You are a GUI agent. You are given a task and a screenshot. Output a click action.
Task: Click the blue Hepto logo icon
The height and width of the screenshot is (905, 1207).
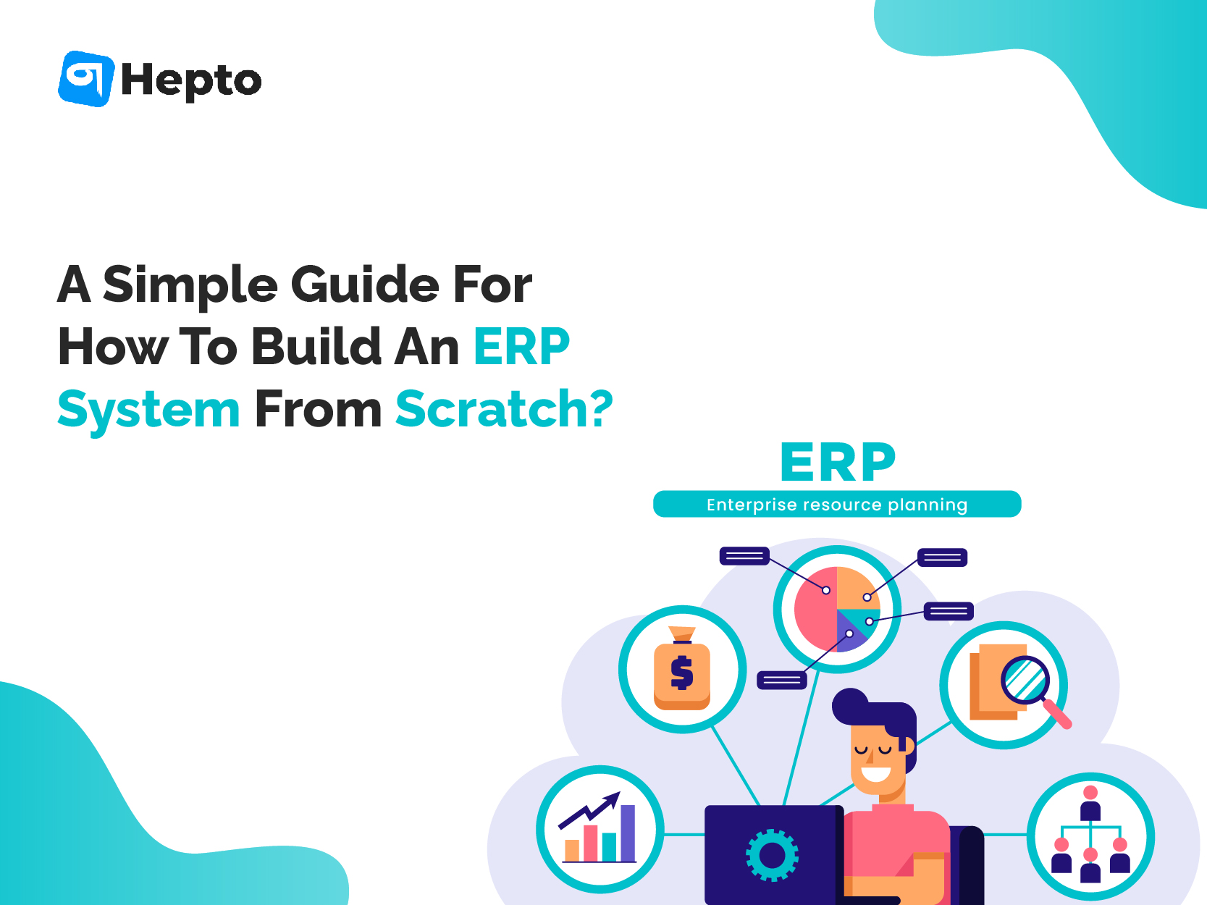[x=86, y=79]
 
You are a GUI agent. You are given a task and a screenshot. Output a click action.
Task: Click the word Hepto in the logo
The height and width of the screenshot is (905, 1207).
[x=191, y=81]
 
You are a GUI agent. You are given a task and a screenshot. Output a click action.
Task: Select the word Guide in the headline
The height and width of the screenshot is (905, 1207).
[x=365, y=285]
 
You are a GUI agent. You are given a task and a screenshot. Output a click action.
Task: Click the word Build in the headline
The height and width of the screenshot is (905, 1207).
[x=316, y=346]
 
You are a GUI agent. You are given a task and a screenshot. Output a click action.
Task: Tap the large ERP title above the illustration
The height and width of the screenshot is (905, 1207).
[x=838, y=462]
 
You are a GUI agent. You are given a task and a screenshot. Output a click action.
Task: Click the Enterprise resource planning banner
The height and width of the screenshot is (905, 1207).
[x=837, y=504]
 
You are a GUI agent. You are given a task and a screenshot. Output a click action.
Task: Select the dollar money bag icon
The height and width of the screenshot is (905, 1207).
[x=682, y=668]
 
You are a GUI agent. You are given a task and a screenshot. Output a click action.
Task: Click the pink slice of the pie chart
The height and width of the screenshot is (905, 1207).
[x=815, y=609]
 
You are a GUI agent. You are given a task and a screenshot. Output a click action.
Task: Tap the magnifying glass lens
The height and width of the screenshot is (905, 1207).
[x=1025, y=681]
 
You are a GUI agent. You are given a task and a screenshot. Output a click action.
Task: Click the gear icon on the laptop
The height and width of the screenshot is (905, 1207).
[x=772, y=855]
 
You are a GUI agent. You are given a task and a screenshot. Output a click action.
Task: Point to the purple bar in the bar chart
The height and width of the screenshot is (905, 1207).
[x=628, y=833]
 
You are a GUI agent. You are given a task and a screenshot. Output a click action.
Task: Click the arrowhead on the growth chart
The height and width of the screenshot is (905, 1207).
[x=613, y=800]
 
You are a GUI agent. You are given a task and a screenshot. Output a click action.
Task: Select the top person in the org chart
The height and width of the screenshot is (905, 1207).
[x=1090, y=803]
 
